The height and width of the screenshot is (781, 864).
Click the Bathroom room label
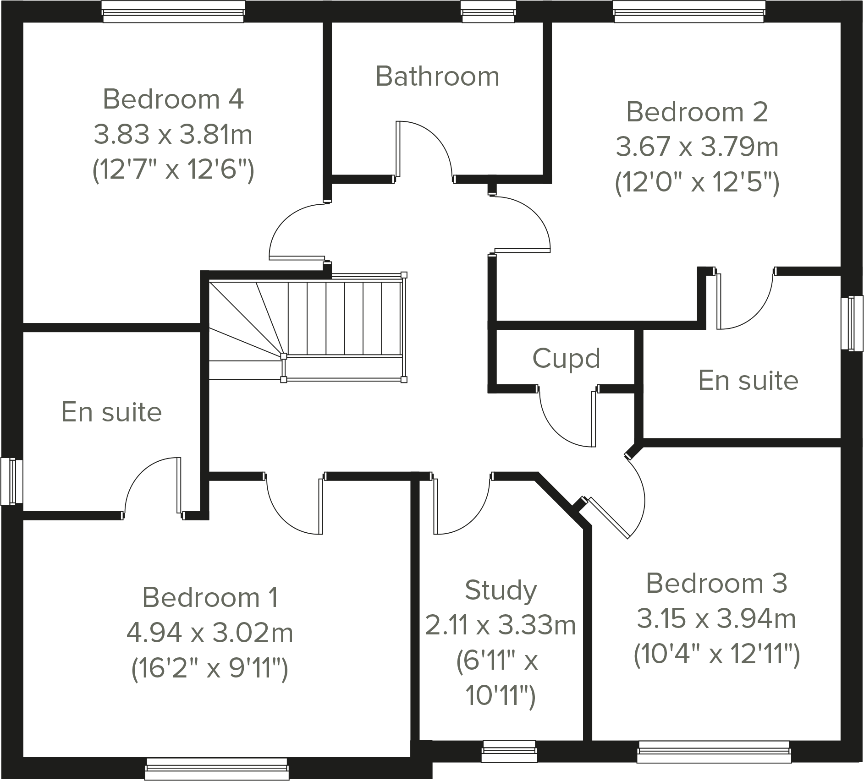[x=437, y=76]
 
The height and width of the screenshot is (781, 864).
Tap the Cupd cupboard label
[x=566, y=358]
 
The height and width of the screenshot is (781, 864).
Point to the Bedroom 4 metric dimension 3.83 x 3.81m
[x=173, y=135]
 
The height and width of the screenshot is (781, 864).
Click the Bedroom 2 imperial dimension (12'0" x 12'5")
[x=697, y=183]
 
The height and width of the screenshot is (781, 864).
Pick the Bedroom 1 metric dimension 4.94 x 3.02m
[x=210, y=633]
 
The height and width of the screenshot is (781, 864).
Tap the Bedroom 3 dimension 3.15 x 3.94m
[x=716, y=619]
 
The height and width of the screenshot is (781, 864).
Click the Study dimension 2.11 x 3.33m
[x=501, y=625]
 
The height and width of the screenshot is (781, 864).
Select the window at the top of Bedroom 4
[x=173, y=11]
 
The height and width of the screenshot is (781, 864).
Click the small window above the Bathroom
[x=489, y=11]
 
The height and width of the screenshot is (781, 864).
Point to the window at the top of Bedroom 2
[x=689, y=11]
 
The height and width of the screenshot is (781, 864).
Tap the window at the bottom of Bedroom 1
[x=216, y=769]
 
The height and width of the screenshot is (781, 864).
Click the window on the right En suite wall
[x=852, y=324]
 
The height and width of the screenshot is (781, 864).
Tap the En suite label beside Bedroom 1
[x=111, y=412]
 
